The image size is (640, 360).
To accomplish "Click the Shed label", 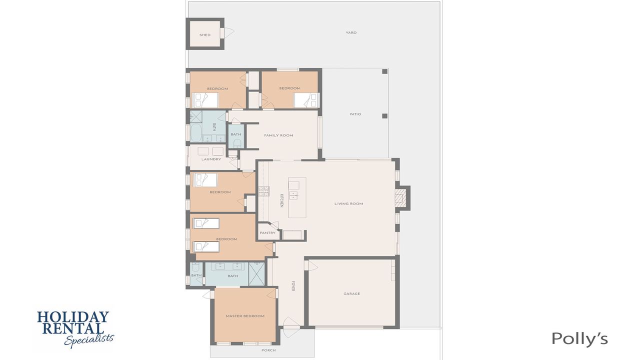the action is click(x=205, y=35).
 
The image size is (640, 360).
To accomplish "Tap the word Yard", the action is click(x=351, y=32).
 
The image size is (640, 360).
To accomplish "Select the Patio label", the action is click(x=355, y=114).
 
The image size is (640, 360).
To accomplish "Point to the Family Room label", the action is click(x=278, y=135).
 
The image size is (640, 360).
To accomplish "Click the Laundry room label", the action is click(x=211, y=159).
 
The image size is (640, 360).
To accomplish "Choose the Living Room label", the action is click(x=348, y=203).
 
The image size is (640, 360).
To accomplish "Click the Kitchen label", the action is click(x=281, y=200).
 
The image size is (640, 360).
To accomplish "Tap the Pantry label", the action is click(x=267, y=233).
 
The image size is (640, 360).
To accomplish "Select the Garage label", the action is click(x=351, y=293).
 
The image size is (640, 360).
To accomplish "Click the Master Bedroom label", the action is click(x=245, y=316).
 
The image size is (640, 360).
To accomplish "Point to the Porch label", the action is click(x=268, y=350).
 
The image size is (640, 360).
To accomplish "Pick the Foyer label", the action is click(x=293, y=286).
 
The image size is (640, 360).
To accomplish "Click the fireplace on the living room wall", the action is click(x=402, y=198).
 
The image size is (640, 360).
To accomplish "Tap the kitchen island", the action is click(x=297, y=197).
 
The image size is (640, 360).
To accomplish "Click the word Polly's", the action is click(x=579, y=339).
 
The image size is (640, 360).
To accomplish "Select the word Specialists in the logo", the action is click(x=89, y=340).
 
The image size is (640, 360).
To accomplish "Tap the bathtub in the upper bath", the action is click(x=195, y=133).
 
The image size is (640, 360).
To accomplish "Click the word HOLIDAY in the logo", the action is click(x=73, y=317).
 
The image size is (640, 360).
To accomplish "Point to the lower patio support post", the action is click(x=385, y=115).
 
